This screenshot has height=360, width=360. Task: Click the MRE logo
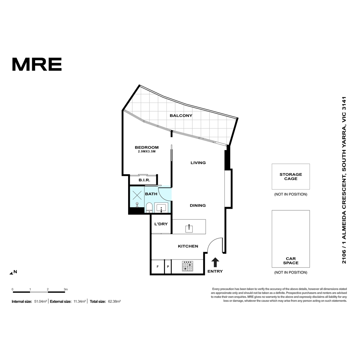(x=37, y=64)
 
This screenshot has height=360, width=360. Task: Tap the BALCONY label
(x=181, y=115)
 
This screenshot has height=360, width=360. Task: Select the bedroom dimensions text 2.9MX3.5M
(x=147, y=151)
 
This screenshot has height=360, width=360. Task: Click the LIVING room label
(x=198, y=163)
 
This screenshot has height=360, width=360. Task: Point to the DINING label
(x=198, y=205)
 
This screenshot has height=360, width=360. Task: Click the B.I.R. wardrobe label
(x=144, y=180)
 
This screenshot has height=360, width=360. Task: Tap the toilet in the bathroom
(x=149, y=208)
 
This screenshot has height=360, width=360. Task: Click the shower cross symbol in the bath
(x=137, y=195)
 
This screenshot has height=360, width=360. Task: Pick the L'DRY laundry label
(x=161, y=224)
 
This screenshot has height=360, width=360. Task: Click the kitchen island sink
(x=189, y=228)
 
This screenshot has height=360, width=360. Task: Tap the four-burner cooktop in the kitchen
(x=187, y=266)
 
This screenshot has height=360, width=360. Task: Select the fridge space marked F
(x=158, y=267)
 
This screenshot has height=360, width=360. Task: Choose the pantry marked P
(x=168, y=267)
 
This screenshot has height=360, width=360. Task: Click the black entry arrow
(x=215, y=262)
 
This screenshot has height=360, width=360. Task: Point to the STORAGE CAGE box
(x=291, y=176)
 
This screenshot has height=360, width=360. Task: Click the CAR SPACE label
(x=291, y=261)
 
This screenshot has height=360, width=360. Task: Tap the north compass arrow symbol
(x=11, y=273)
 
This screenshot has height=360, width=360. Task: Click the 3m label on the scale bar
(x=66, y=289)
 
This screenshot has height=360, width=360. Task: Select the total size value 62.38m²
(x=114, y=301)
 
